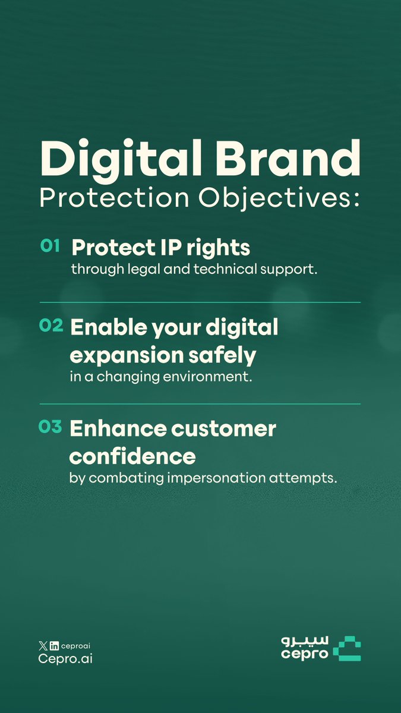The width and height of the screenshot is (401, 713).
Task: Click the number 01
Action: tap(50, 246)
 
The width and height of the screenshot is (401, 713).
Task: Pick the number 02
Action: tap(50, 326)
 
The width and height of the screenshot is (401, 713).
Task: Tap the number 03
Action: tap(50, 426)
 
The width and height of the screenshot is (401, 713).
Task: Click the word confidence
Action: tap(132, 456)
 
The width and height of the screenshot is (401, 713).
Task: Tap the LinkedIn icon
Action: tap(54, 646)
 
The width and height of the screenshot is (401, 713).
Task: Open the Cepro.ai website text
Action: tap(64, 659)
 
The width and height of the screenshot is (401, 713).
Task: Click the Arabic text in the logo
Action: tap(303, 641)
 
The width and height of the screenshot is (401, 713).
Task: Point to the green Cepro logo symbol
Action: tap(346, 649)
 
